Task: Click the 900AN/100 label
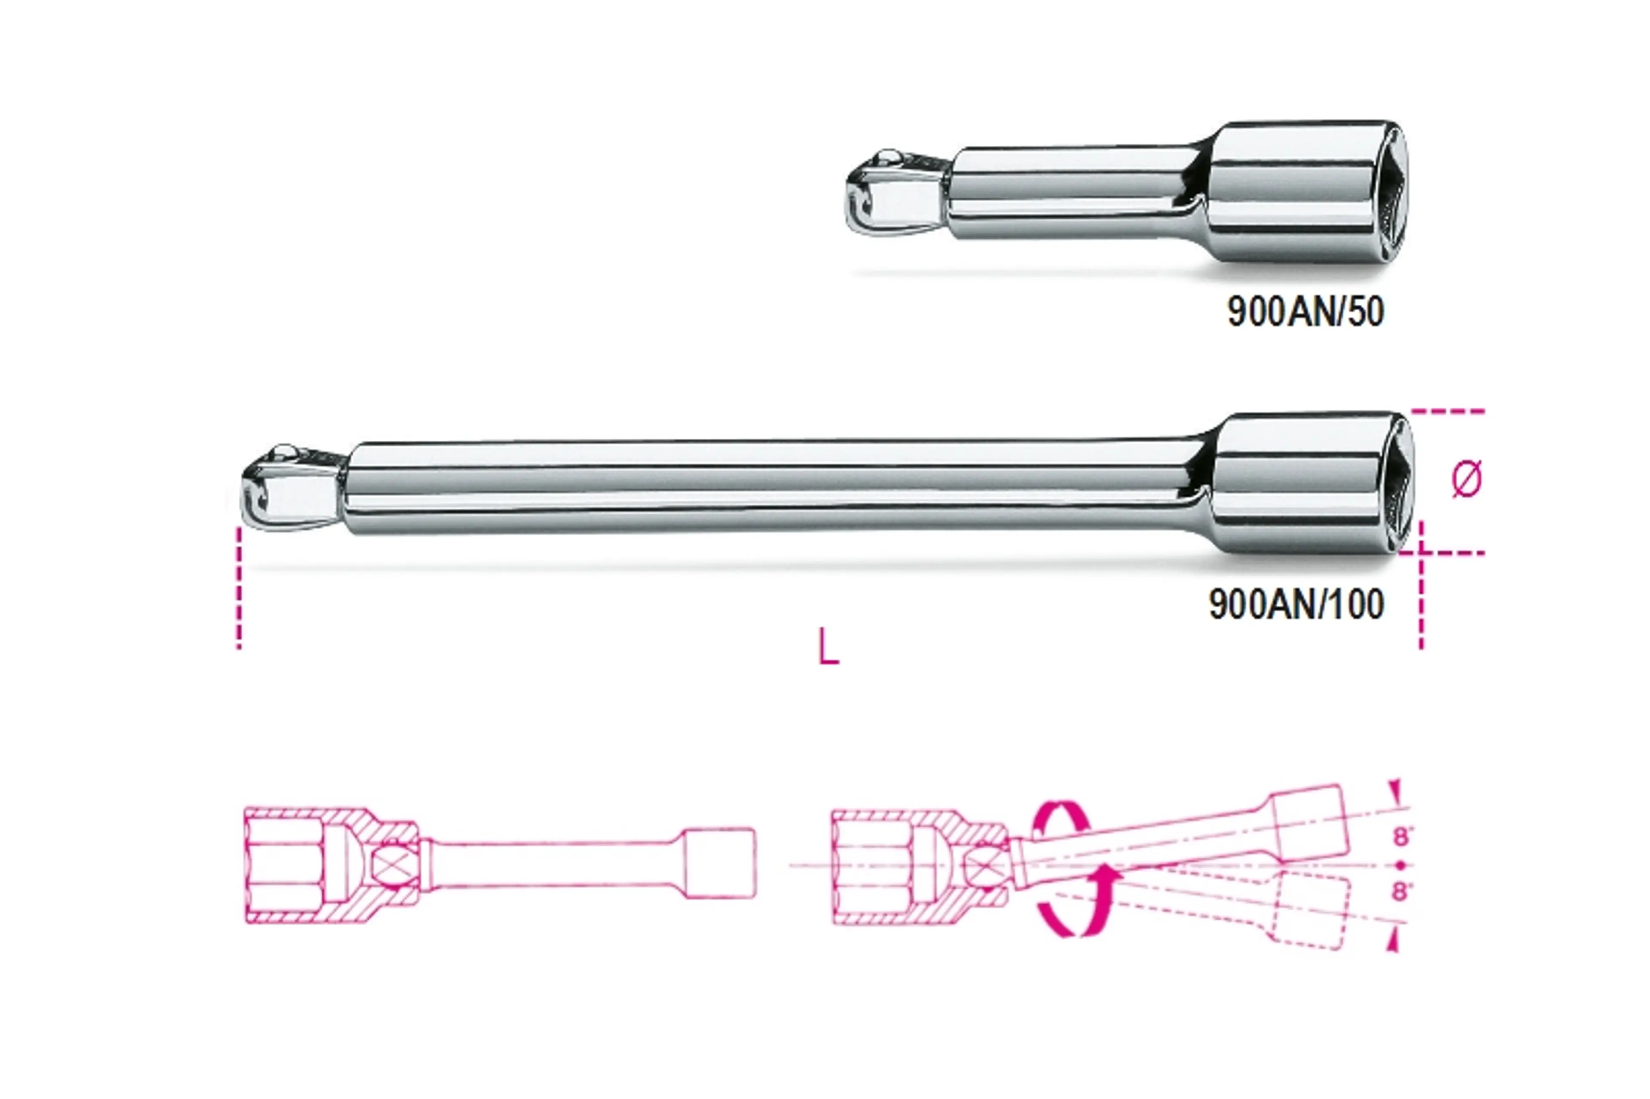1296,604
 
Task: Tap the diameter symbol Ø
1467,479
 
